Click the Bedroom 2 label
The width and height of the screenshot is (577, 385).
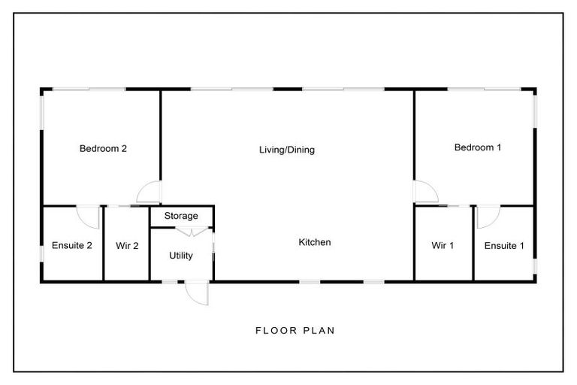(x=103, y=149)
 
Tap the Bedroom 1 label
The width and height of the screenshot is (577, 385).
(x=478, y=148)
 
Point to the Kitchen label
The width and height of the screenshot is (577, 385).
(x=315, y=243)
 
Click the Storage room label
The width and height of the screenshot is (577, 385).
(x=181, y=217)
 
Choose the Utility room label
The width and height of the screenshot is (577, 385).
(x=181, y=256)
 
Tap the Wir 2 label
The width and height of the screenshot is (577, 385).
(x=127, y=246)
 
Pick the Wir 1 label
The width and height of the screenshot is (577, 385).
(x=443, y=246)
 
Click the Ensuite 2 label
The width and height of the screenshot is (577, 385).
(x=72, y=246)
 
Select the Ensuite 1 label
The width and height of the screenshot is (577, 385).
(x=504, y=246)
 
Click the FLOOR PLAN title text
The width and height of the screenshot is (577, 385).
(x=295, y=330)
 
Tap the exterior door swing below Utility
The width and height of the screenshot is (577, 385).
(x=199, y=293)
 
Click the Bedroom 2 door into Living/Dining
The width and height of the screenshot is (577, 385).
(x=150, y=193)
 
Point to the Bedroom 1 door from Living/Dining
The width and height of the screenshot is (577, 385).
(x=426, y=192)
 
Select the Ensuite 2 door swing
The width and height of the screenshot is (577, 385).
(x=89, y=217)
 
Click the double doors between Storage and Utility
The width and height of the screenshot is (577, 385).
(x=183, y=232)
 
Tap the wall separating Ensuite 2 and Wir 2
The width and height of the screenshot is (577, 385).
(x=103, y=244)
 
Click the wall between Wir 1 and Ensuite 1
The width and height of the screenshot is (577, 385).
(x=473, y=244)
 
